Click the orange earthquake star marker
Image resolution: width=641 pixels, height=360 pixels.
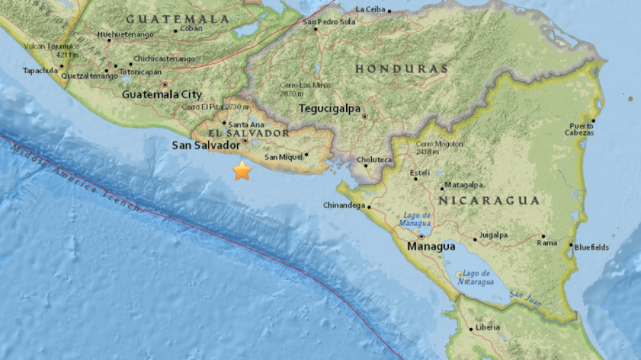pos(242,170)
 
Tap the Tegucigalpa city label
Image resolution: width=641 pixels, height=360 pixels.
pos(329,108)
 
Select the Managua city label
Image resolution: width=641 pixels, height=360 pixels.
pos(431,247)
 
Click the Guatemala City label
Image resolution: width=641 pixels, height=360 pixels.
pos(162,95)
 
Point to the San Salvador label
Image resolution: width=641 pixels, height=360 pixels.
pos(206,145)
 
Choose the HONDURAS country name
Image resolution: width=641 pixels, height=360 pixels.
pos(401,68)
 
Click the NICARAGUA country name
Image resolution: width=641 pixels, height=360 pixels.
pos(488,200)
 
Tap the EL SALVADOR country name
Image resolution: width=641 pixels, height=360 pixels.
pos(249,133)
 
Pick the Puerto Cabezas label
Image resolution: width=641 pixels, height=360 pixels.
pos(579,129)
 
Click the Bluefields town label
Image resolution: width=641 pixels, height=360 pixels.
pos(592,247)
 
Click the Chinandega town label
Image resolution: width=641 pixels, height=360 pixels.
pos(344,205)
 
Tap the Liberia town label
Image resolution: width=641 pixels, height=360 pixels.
pos(488,327)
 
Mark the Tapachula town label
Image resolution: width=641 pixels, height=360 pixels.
pos(40,71)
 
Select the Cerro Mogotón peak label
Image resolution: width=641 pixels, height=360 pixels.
pos(439,148)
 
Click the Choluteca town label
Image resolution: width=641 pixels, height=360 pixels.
pos(374,160)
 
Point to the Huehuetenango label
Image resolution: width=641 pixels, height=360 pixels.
pos(126,34)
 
